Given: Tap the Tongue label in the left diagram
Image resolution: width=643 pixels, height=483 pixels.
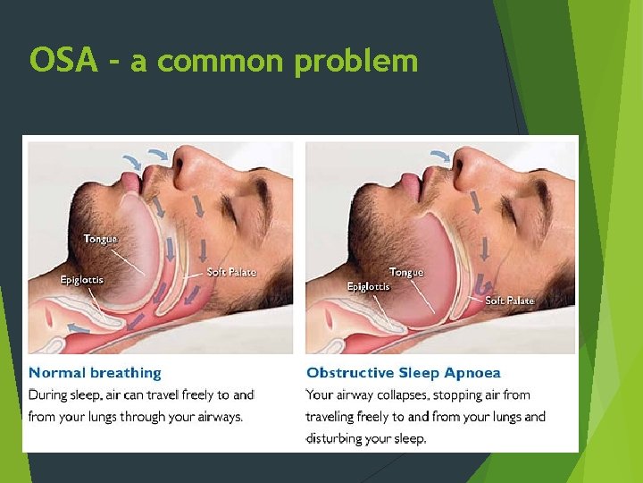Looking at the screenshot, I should click(100, 239).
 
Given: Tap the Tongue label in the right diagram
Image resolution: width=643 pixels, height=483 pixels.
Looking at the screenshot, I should click(406, 272).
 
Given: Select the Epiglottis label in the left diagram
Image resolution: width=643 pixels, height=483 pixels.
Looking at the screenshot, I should click(81, 280).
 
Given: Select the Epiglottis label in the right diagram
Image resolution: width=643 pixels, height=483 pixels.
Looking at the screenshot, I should click(368, 287).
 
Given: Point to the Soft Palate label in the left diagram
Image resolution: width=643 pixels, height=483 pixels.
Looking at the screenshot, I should click(231, 272).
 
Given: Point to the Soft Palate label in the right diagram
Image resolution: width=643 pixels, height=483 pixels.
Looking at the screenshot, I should click(509, 301).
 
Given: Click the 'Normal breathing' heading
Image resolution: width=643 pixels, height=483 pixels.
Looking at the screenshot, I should click(95, 373).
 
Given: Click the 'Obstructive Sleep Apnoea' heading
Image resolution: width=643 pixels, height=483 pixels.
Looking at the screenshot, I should click(403, 373).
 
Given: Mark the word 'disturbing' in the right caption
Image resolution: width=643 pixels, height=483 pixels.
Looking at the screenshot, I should click(342, 438).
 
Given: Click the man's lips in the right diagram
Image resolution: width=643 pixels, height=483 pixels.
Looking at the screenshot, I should click(412, 186).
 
